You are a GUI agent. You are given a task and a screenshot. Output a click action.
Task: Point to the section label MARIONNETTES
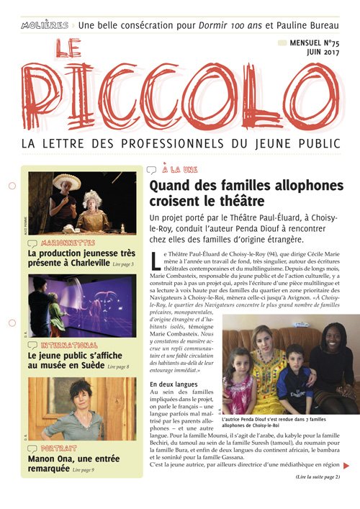69,243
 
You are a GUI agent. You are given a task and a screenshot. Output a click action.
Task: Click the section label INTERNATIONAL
71,346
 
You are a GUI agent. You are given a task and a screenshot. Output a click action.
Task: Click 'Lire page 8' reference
118,367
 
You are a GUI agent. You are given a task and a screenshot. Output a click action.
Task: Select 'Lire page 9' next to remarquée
83,470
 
